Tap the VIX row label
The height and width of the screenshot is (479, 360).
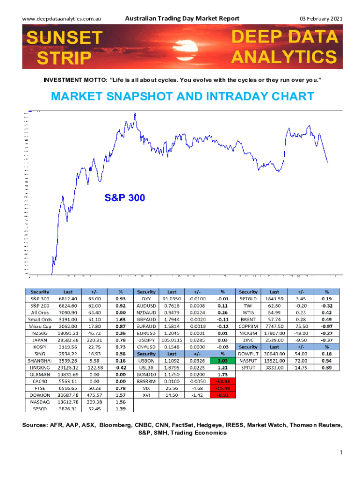pos(146,388)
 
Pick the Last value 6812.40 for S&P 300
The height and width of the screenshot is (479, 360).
pos(68,298)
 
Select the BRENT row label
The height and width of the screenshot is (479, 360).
pos(248,319)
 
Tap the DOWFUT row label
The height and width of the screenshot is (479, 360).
pos(248,355)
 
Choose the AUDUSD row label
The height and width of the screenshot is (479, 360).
pos(146,305)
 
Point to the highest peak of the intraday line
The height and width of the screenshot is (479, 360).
pos(135,113)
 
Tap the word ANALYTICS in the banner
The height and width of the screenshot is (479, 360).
pos(284,57)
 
